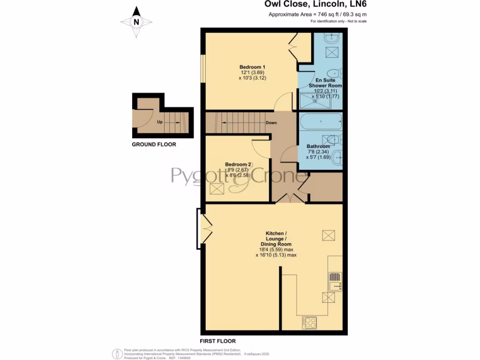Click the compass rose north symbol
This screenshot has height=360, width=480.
pyautogui.click(x=136, y=22)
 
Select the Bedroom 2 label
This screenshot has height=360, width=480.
pyautogui.click(x=238, y=165)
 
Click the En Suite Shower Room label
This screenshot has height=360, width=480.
pyautogui.click(x=325, y=83)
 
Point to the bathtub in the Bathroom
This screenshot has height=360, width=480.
pyautogui.click(x=321, y=122)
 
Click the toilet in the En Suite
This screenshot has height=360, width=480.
pyautogui.click(x=334, y=73)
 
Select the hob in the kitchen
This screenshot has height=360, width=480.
pyautogui.click(x=309, y=322)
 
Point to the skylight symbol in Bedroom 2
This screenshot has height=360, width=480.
pyautogui.click(x=217, y=189)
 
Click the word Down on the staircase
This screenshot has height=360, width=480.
pyautogui.click(x=271, y=123)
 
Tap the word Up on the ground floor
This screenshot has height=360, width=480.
pyautogui.click(x=160, y=122)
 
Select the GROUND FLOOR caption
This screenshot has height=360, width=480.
pyautogui.click(x=154, y=144)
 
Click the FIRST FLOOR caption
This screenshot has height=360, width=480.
pyautogui.click(x=217, y=341)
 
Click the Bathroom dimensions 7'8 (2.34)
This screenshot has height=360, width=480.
pyautogui.click(x=318, y=152)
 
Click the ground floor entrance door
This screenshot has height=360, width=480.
pyautogui.click(x=142, y=116)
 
